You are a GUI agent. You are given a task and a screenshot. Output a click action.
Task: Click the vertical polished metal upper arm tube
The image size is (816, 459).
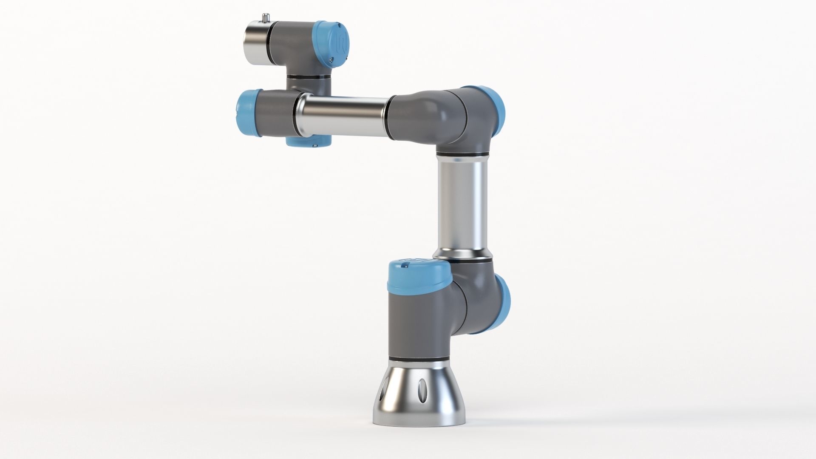pyautogui.click(x=462, y=204)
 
